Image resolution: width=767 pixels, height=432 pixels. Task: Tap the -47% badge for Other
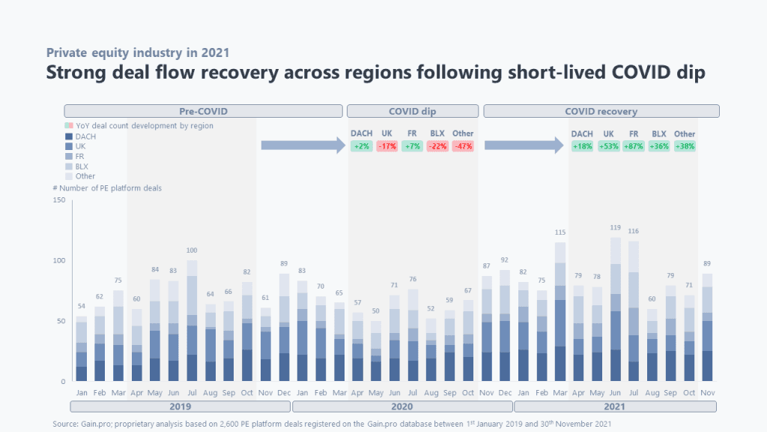tap(463, 146)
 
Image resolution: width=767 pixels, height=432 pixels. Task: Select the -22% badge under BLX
tap(437, 146)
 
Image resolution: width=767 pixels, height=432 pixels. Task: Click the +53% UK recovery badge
tap(608, 146)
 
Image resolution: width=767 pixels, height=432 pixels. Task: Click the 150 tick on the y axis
tap(59, 200)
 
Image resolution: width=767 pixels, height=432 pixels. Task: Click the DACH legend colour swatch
tap(68, 136)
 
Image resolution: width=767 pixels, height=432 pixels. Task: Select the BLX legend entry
tap(81, 166)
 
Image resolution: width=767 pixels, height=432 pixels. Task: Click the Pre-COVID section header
tap(203, 111)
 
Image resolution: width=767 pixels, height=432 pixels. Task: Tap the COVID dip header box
tap(413, 111)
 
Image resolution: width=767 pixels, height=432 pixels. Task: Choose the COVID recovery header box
tap(601, 111)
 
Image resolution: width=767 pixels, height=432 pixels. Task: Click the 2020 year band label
tap(401, 406)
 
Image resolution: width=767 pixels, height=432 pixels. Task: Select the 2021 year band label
tap(615, 406)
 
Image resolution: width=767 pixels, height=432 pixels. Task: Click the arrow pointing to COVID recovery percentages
tap(523, 145)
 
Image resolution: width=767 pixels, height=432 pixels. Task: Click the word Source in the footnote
tap(64, 424)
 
